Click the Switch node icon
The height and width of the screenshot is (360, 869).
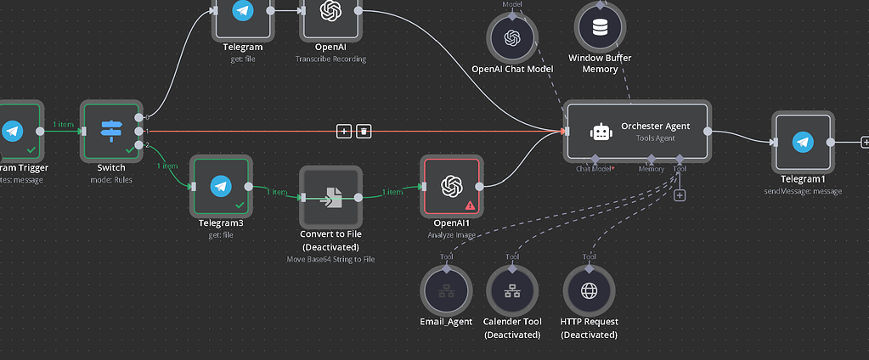coord(111,130)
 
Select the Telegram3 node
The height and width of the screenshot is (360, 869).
coord(221,185)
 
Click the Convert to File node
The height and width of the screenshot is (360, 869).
coord(330,197)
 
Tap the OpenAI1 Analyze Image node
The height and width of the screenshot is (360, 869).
coord(450,186)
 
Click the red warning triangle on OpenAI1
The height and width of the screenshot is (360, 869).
coord(470,205)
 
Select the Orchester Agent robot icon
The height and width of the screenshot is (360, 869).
coord(601,132)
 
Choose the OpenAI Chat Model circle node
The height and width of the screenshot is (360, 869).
coord(512,37)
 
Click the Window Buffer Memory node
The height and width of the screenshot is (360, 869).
coord(600,27)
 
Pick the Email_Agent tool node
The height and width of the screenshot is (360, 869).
coord(446,291)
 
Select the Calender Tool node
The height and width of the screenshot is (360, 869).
coord(512,291)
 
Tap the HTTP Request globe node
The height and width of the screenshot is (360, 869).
coord(589,291)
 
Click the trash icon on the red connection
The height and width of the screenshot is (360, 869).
coord(364,131)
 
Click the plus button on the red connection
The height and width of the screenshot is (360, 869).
coord(344,131)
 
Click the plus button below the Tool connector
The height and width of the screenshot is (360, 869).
coord(680,195)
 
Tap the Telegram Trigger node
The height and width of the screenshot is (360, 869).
coord(12,131)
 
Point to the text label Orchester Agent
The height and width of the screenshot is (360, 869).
coord(655,126)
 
